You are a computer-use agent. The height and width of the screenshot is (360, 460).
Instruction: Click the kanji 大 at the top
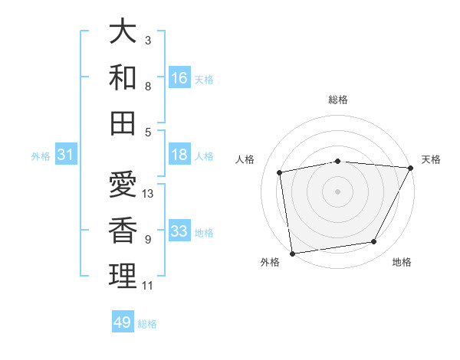pyautogui.click(x=123, y=31)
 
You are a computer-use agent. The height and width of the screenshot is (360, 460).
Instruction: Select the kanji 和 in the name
pyautogui.click(x=123, y=77)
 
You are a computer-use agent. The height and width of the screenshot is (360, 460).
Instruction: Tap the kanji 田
pyautogui.click(x=123, y=123)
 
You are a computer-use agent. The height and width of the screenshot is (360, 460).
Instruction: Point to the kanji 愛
pyautogui.click(x=123, y=185)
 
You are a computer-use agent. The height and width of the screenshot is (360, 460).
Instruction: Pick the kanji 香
pyautogui.click(x=123, y=231)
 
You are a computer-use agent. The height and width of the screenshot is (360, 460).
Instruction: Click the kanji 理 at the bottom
pyautogui.click(x=123, y=277)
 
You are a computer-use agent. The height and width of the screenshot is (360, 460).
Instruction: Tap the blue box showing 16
pyautogui.click(x=179, y=78)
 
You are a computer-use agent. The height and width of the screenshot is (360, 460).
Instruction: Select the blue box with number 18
pyautogui.click(x=179, y=155)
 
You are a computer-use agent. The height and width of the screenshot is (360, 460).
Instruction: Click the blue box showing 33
pyautogui.click(x=179, y=231)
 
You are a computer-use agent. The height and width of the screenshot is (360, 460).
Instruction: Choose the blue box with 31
pyautogui.click(x=65, y=155)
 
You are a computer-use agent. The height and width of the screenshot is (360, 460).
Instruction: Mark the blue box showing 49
pyautogui.click(x=123, y=322)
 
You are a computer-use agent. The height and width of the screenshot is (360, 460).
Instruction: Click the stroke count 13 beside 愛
pyautogui.click(x=149, y=194)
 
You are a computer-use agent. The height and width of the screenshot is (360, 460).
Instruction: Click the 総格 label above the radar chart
pyautogui.click(x=338, y=100)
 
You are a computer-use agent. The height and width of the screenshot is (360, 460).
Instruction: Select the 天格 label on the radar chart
pyautogui.click(x=431, y=159)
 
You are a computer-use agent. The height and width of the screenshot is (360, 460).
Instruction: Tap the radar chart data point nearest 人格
pyautogui.click(x=281, y=172)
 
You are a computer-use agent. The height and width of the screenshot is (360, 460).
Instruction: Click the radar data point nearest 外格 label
pyautogui.click(x=292, y=253)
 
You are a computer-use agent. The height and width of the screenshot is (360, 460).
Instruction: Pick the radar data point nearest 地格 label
pyautogui.click(x=374, y=242)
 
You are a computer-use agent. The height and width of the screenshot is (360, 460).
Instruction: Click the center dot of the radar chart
pyautogui.click(x=338, y=191)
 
